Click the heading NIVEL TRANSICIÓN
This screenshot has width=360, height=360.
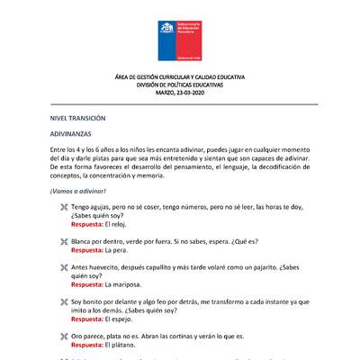[78, 118]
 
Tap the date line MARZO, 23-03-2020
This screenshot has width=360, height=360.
[179, 94]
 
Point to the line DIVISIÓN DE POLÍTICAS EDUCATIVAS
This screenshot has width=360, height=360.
[179, 86]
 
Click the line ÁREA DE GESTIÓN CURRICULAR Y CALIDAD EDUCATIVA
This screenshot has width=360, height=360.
[179, 79]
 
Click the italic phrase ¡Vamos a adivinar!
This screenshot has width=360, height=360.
[78, 191]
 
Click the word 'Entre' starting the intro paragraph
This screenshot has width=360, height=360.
[58, 149]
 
